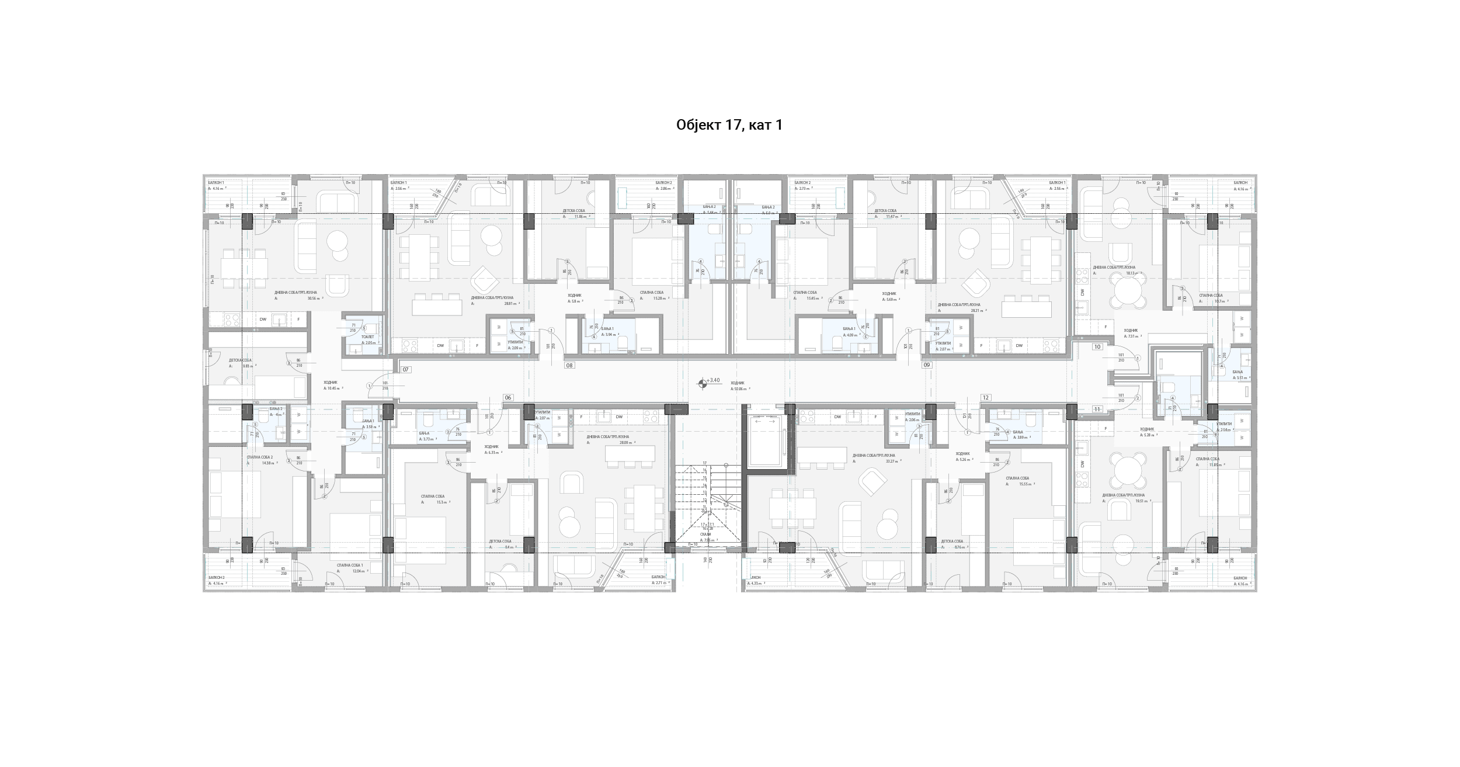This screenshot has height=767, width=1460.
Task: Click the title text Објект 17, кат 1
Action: coord(729,125)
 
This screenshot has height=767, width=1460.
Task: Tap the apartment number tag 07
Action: coord(406,370)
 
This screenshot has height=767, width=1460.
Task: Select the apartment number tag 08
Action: coord(569,365)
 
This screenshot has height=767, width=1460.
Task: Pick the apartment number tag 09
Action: coord(926,365)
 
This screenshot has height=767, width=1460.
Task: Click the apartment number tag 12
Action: coord(986,397)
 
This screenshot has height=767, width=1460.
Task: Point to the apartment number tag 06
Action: coord(508,397)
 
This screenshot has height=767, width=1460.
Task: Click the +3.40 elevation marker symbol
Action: coord(702,384)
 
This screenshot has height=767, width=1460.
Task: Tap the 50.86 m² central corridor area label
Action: coord(738,388)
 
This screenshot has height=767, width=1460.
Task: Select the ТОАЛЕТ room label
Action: coord(367,337)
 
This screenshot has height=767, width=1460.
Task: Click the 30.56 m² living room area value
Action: coord(314,298)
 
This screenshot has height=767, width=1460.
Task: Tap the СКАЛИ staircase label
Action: coord(705,534)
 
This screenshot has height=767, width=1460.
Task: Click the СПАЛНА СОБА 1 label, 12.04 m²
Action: coord(349,565)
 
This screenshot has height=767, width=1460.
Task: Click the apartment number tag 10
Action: coord(1097,346)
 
